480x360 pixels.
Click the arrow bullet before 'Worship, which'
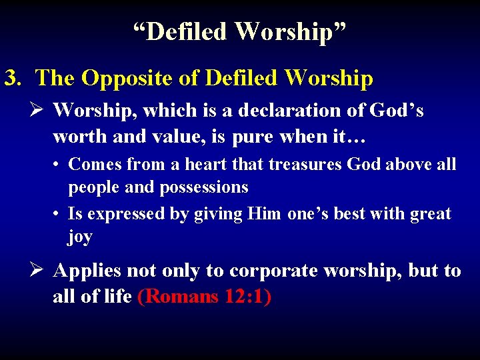(x=38, y=110)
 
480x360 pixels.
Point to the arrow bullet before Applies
(x=38, y=271)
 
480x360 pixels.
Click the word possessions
(x=203, y=187)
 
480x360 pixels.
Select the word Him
(x=264, y=214)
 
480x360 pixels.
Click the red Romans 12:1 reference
(x=204, y=297)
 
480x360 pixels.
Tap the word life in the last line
(x=117, y=297)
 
